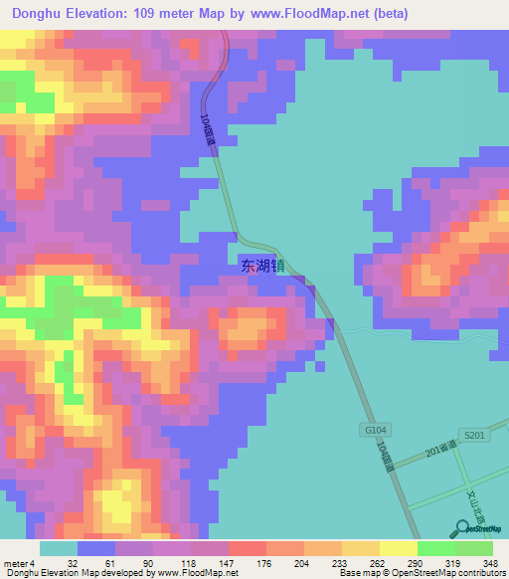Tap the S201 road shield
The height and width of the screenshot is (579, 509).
tap(476, 436)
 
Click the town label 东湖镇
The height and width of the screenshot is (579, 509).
tap(262, 266)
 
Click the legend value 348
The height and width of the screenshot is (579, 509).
tap(491, 562)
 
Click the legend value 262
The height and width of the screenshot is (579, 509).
tap(363, 562)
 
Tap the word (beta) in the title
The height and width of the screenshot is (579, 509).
tap(384, 13)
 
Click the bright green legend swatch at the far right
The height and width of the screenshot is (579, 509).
tap(474, 548)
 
